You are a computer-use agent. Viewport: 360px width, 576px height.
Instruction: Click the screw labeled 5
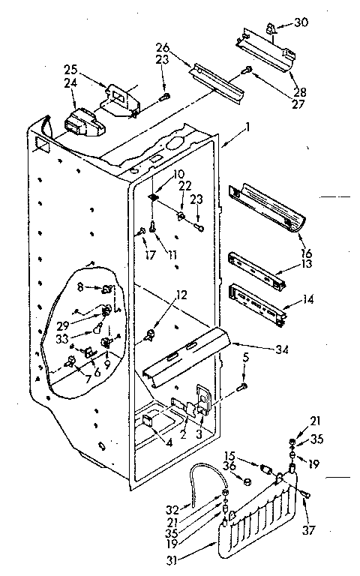[x=242, y=386]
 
